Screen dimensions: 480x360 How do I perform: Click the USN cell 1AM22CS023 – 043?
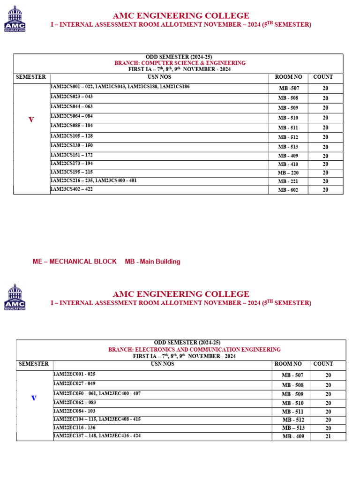(x=72, y=97)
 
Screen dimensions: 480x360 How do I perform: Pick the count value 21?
(x=328, y=436)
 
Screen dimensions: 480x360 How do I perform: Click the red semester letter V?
(x=31, y=120)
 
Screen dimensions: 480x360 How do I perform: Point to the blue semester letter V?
(x=34, y=398)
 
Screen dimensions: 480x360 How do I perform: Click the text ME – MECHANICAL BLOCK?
(x=75, y=262)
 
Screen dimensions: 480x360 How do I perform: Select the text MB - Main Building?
(x=152, y=262)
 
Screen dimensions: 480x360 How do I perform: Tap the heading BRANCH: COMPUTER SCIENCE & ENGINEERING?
(x=180, y=63)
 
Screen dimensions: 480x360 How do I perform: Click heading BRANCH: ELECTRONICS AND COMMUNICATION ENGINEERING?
(x=195, y=349)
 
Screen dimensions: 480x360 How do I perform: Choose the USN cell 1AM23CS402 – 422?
(x=72, y=189)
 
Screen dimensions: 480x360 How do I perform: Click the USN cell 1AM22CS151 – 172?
(x=72, y=155)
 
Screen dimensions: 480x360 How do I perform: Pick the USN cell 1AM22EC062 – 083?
(x=75, y=402)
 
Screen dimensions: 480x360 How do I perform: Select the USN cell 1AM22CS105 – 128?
(x=72, y=135)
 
